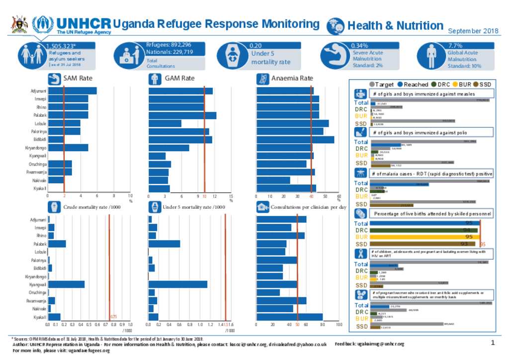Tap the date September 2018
(x=473, y=31)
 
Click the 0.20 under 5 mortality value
(x=255, y=45)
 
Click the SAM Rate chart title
(x=78, y=78)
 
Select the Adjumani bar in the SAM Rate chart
(x=72, y=90)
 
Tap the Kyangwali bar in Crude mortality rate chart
(x=66, y=284)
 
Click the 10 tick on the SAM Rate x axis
(x=130, y=196)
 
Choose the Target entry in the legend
(x=384, y=85)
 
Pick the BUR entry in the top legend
(x=464, y=85)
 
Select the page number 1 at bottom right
(x=493, y=343)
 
